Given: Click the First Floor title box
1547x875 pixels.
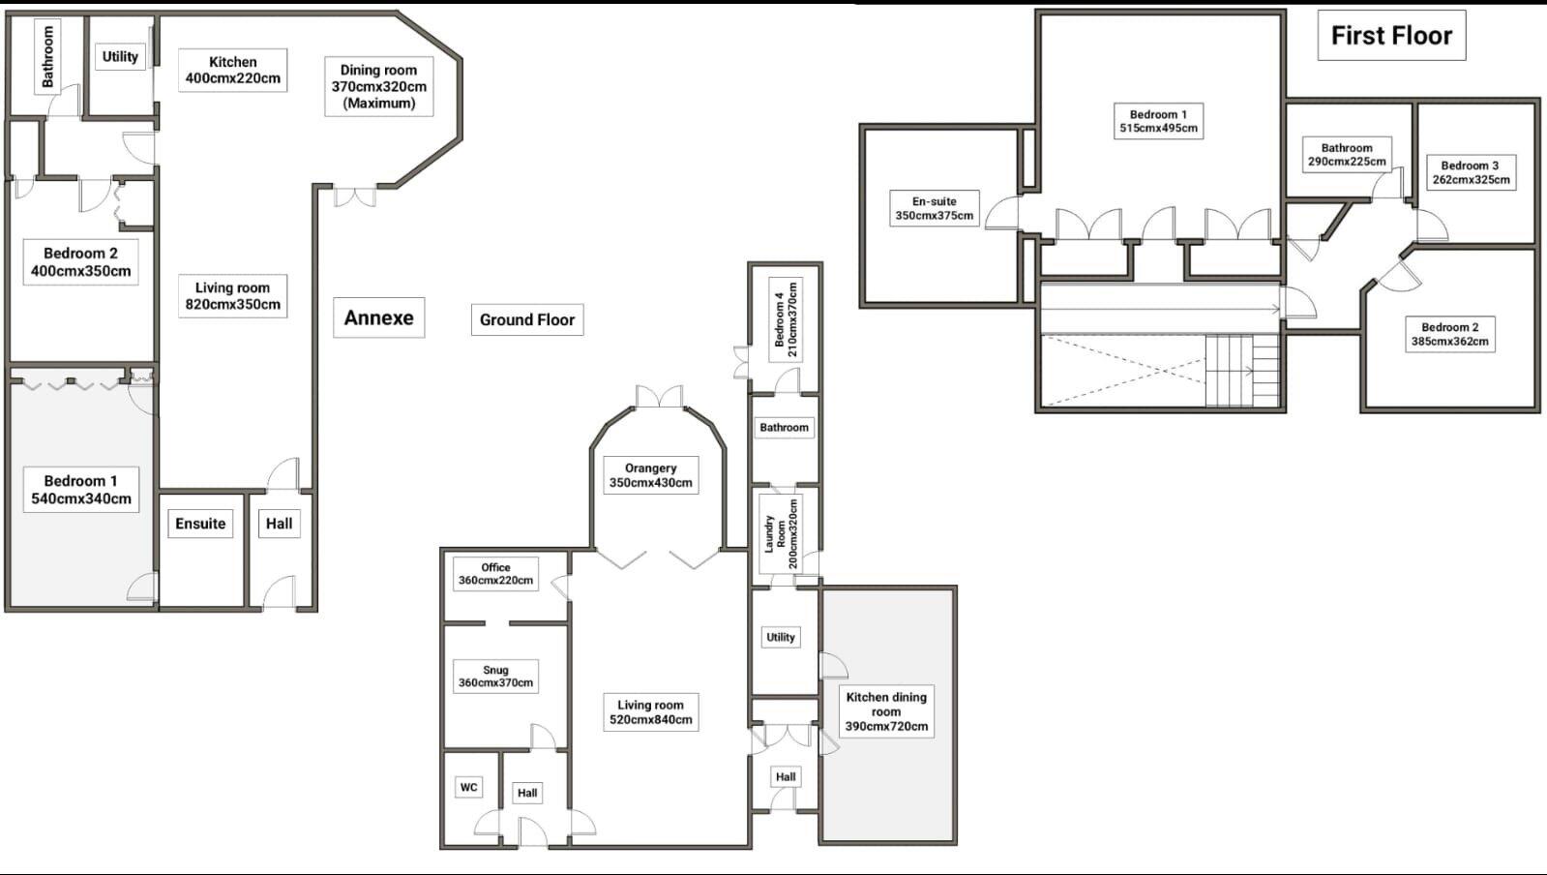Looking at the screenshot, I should pyautogui.click(x=1391, y=36).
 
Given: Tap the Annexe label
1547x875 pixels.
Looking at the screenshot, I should pyautogui.click(x=378, y=317).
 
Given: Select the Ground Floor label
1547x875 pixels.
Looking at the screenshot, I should pyautogui.click(x=526, y=319).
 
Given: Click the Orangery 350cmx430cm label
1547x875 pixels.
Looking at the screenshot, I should pyautogui.click(x=650, y=475).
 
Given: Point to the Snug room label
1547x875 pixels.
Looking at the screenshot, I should pyautogui.click(x=495, y=676).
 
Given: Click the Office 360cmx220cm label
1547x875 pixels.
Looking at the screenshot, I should pyautogui.click(x=495, y=574).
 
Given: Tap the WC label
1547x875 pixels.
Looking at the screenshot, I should pyautogui.click(x=468, y=787).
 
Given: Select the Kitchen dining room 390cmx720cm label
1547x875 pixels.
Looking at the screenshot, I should pyautogui.click(x=886, y=711).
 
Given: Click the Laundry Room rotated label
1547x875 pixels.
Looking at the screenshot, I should pyautogui.click(x=782, y=533).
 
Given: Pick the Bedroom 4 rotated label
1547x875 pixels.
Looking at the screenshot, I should pyautogui.click(x=786, y=319).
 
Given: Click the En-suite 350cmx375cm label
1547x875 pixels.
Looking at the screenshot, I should pyautogui.click(x=934, y=208).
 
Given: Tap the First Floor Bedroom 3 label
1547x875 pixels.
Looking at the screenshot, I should pyautogui.click(x=1471, y=172).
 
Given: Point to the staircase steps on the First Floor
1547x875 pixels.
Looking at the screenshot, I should pyautogui.click(x=1241, y=371).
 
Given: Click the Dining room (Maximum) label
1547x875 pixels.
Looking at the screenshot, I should pyautogui.click(x=378, y=86).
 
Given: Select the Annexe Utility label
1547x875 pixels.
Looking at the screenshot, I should pyautogui.click(x=120, y=56).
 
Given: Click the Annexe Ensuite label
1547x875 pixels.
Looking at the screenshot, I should pyautogui.click(x=200, y=524).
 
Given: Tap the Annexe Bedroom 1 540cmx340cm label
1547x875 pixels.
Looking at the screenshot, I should pyautogui.click(x=80, y=490).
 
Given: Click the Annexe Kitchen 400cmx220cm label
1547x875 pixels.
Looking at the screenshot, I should pyautogui.click(x=232, y=70).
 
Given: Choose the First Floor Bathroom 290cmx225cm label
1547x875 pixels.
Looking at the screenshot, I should pyautogui.click(x=1346, y=155).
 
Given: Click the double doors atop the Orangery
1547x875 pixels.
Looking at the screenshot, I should pyautogui.click(x=659, y=397).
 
